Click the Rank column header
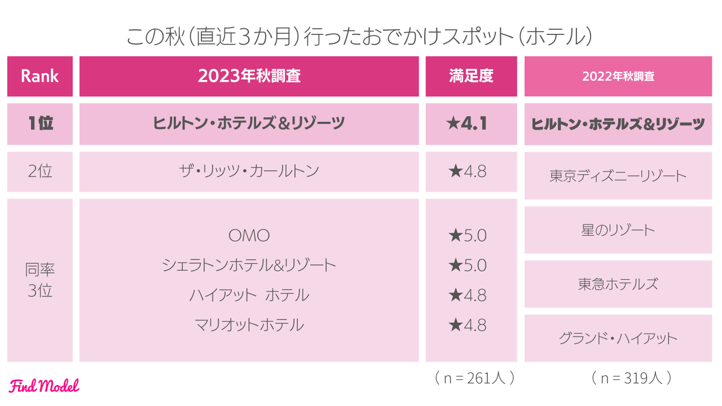pos(39,76)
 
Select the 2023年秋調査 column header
pos(249,76)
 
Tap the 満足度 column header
pos(471,76)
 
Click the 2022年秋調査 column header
pos(618,76)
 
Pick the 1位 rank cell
pos(39,123)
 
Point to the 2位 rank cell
pos(39,171)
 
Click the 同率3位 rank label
pos(39,280)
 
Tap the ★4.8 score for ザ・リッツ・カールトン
pos(468,171)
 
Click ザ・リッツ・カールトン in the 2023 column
pos(249,171)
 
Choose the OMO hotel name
pos(249,235)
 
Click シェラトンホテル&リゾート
pos(249,265)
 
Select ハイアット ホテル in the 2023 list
pos(249,295)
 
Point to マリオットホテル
pos(249,325)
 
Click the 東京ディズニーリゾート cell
pos(618,176)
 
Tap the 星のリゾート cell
pos(618,230)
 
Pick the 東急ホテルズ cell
pos(618,284)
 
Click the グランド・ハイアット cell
pos(618,338)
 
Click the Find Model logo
pos(45,386)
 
